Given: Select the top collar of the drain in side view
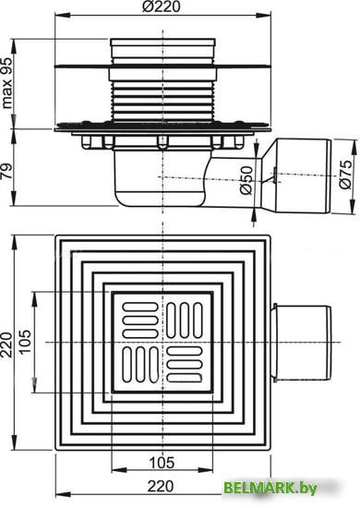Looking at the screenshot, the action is pyautogui.click(x=164, y=46).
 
